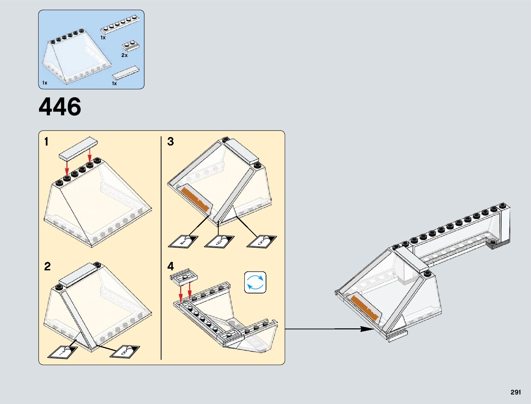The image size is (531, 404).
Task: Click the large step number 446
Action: pos(60,107)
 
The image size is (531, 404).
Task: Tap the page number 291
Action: pos(515,392)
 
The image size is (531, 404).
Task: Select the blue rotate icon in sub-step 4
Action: pos(255,282)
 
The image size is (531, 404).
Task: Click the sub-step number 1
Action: pos(46,141)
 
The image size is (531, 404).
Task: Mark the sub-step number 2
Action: pos(47,266)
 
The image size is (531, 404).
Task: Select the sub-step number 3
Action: pos(170,141)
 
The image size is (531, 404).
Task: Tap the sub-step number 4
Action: pos(170,266)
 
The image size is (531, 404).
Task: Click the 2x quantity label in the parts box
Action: pos(125,55)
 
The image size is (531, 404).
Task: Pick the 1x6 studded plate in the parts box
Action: pos(120,24)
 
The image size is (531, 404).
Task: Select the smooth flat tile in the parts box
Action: pos(126,73)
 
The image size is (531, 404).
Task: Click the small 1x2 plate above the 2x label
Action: pos(131,45)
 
